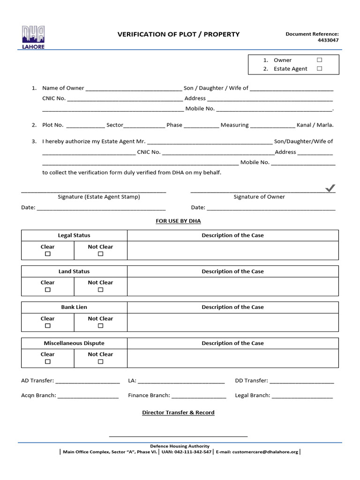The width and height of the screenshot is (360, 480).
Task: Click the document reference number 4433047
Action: point(328,40)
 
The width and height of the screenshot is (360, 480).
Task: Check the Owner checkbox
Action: point(319,60)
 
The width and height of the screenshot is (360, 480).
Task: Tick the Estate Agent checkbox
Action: point(319,68)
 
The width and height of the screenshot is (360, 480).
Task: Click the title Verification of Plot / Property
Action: point(178,34)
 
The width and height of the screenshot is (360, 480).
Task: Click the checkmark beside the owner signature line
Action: point(330,188)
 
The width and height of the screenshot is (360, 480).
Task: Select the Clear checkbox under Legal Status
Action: point(47,254)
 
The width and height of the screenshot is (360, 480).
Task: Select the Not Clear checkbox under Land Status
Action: point(100,290)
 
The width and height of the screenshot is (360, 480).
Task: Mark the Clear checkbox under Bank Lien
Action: point(47,326)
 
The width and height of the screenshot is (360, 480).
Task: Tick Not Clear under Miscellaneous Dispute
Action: point(100,362)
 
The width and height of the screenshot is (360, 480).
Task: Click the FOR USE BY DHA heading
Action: point(178,221)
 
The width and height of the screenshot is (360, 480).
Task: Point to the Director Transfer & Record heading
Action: point(178,412)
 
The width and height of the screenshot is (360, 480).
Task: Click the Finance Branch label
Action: point(149,395)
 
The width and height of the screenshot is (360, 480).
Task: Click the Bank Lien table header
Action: point(74,307)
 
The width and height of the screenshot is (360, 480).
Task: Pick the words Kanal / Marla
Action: point(315,125)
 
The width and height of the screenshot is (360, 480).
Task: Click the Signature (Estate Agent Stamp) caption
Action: point(99,197)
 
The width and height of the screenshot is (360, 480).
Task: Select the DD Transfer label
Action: point(251,381)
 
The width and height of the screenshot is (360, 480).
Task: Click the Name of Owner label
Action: point(63,88)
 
